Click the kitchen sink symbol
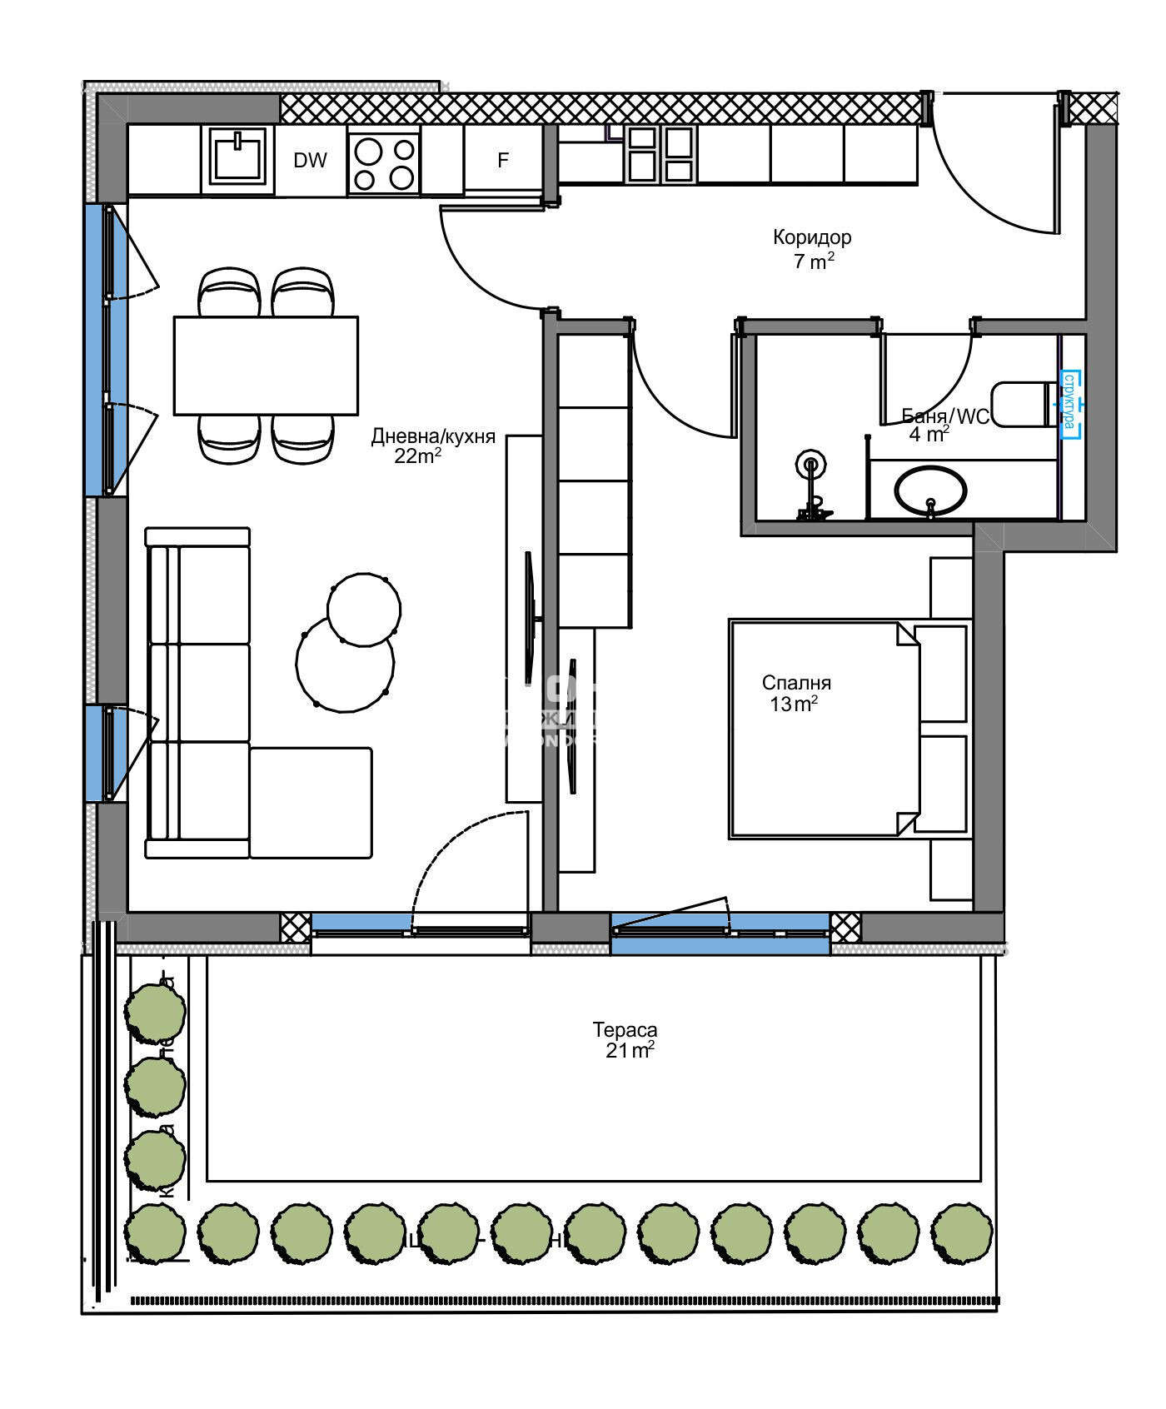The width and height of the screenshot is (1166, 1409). [x=238, y=160]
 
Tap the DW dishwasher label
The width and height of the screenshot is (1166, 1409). [x=311, y=161]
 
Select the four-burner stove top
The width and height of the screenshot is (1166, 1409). [x=384, y=162]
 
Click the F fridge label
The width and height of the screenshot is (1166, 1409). [x=503, y=161]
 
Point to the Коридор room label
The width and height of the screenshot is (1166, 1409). [x=812, y=237]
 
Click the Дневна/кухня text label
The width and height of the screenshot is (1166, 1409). [x=433, y=436]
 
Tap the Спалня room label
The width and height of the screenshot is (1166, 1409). [x=796, y=683]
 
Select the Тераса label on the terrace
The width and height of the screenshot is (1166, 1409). [x=625, y=1029]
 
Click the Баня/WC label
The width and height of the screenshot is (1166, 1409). [x=945, y=416]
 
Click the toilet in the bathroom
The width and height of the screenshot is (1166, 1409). [x=1023, y=405]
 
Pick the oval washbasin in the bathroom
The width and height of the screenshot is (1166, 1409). [x=930, y=490]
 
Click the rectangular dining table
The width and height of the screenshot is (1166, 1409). [x=266, y=366]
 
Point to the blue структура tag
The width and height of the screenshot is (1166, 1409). [x=1069, y=404]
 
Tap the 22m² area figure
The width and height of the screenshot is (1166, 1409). [x=417, y=456]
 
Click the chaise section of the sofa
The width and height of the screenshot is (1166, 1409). [x=311, y=802]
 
